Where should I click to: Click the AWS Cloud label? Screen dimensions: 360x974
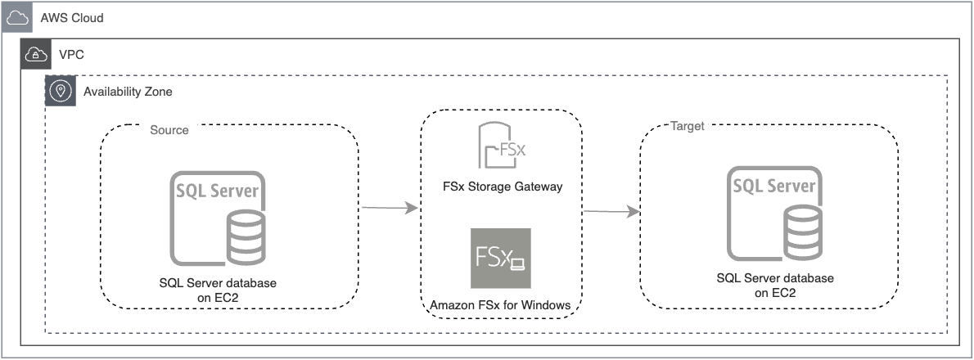click(x=71, y=17)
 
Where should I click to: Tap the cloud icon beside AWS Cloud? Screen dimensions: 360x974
click(x=16, y=17)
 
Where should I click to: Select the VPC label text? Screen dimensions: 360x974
click(x=71, y=55)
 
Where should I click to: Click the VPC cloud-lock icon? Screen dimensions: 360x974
click(x=36, y=55)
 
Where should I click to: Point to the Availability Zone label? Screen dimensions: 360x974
click(x=128, y=92)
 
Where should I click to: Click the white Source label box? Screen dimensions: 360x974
click(x=169, y=129)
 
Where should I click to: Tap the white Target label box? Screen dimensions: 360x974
click(x=688, y=126)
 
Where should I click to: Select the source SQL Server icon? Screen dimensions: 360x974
click(x=218, y=216)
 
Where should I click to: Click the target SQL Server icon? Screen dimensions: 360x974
click(x=773, y=214)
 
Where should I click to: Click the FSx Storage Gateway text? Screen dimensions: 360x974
click(x=501, y=187)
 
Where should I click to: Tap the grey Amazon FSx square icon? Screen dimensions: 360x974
click(x=500, y=259)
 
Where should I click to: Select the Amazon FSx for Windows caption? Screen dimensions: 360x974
click(x=500, y=305)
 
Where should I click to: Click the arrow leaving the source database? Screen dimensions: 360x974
click(x=390, y=209)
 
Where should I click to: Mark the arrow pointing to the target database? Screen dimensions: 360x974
click(x=611, y=212)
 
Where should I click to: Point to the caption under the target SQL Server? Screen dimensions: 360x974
click(x=774, y=286)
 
